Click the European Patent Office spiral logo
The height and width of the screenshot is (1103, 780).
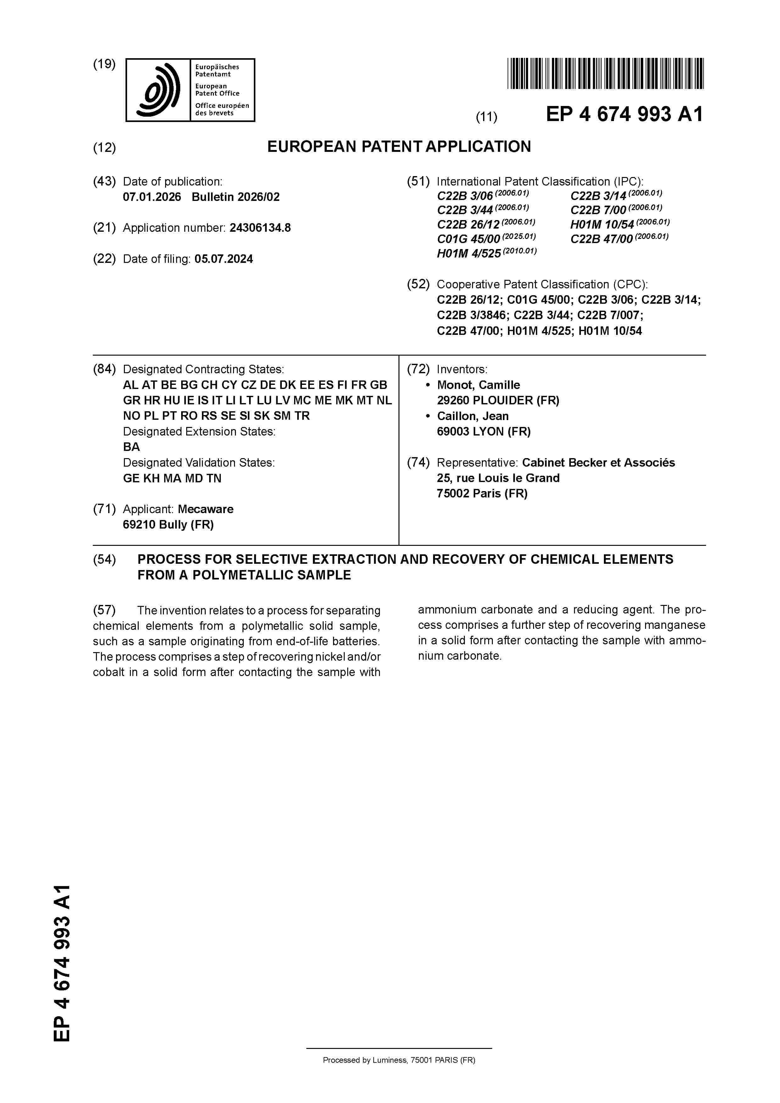158,90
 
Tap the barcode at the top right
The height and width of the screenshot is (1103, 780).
605,74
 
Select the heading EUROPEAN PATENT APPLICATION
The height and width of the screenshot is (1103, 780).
399,147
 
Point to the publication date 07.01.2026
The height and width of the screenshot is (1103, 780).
152,197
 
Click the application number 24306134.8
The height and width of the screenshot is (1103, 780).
260,228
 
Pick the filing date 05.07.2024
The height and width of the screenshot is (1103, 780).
224,259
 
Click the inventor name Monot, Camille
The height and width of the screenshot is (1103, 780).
478,385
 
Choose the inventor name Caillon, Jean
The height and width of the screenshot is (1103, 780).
472,416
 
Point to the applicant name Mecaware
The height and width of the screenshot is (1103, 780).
205,509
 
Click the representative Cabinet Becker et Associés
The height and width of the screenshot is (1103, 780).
598,463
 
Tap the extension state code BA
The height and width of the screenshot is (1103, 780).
131,447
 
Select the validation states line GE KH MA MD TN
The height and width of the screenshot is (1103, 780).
172,479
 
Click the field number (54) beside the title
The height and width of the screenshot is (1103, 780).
104,559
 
